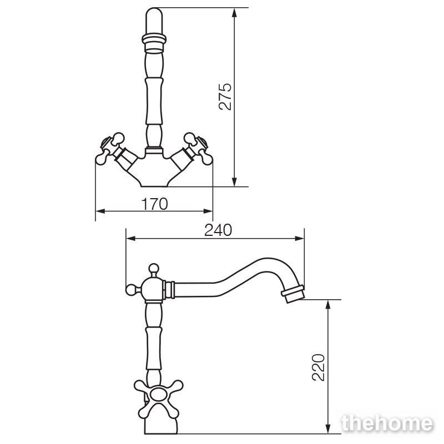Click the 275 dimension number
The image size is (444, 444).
click(x=225, y=96)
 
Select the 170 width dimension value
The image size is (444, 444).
click(x=154, y=204)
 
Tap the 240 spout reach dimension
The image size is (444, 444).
click(x=218, y=230)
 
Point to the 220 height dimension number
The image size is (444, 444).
click(x=318, y=367)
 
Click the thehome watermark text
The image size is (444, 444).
click(x=387, y=423)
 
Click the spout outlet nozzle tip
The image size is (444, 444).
click(x=293, y=294)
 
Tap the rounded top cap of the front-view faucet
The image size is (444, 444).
click(x=154, y=21)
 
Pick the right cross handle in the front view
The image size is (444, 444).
click(x=198, y=148)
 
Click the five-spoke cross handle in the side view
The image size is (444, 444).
click(x=158, y=395)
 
